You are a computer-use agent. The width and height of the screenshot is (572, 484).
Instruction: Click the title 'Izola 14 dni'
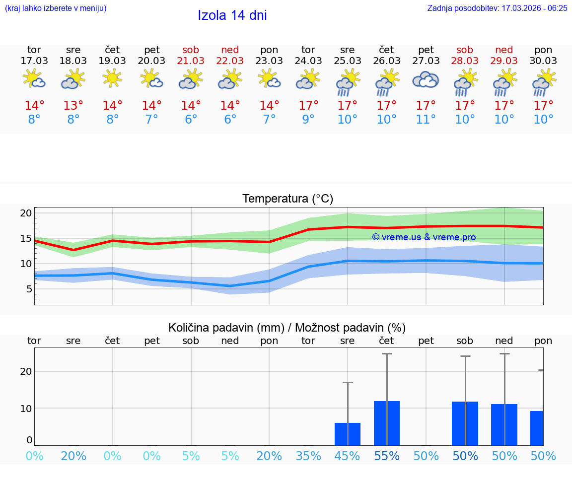tap(232, 15)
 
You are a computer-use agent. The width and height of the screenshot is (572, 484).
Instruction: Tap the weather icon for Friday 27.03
tap(426, 80)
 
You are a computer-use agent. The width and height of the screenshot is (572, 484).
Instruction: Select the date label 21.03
tap(191, 61)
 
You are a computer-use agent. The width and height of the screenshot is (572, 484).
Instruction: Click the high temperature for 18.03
tap(73, 106)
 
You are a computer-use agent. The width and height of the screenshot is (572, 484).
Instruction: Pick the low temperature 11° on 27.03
tap(426, 120)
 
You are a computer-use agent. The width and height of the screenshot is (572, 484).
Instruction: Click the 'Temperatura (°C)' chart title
tap(287, 199)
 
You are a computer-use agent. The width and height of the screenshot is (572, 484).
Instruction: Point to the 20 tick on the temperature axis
tap(26, 213)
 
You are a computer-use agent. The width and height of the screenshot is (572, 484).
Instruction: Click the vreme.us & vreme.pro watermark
tap(424, 237)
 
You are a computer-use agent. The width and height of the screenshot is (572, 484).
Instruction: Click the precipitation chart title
tap(287, 328)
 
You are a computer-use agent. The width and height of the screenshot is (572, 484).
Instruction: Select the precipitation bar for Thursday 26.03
tap(386, 423)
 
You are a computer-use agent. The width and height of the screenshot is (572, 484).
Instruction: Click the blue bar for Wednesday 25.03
tap(347, 434)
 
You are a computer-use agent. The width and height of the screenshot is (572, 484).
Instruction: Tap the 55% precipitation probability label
tap(386, 456)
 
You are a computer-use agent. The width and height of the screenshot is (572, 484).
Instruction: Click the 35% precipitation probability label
tap(308, 456)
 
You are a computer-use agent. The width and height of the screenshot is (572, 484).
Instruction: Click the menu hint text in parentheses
tap(55, 8)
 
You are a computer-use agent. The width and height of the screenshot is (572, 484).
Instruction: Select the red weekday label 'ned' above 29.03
tap(504, 50)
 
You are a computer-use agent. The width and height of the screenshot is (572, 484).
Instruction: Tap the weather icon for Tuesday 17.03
tap(34, 79)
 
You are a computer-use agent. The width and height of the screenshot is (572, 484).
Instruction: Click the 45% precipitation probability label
tap(347, 456)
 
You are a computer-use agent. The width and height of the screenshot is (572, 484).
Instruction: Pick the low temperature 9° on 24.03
tap(308, 120)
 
